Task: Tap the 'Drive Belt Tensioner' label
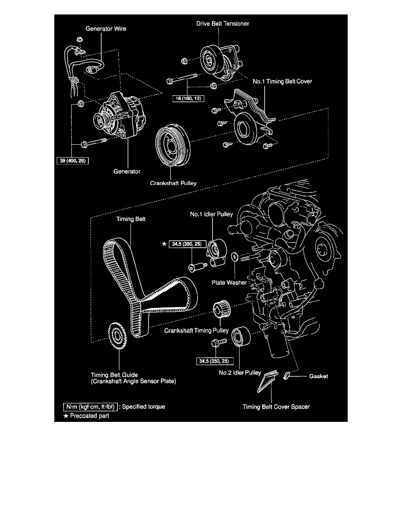click(x=222, y=23)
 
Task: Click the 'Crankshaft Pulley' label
click(x=173, y=183)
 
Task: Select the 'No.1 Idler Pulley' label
click(x=212, y=214)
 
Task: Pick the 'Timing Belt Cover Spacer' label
click(x=276, y=407)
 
